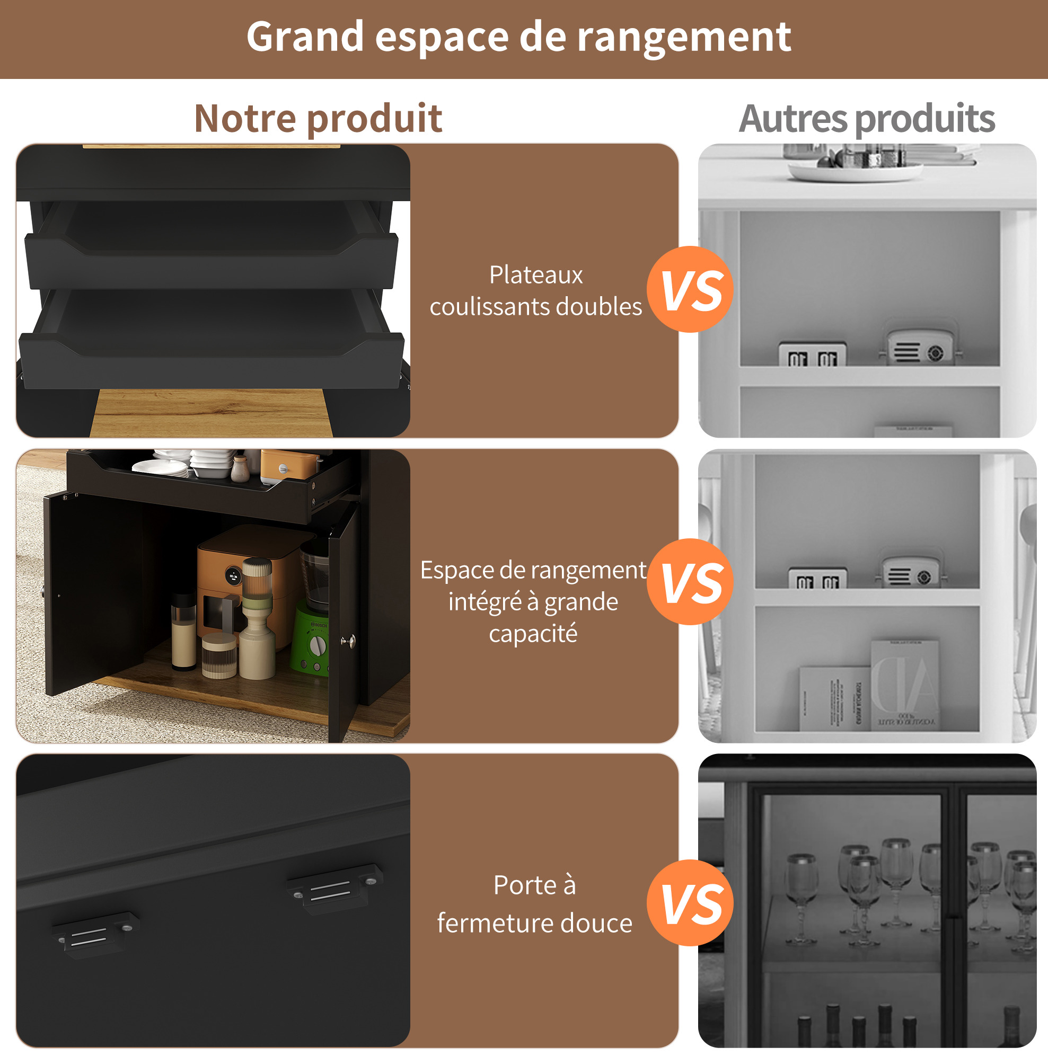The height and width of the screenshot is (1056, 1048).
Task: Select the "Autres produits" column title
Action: click(x=867, y=119)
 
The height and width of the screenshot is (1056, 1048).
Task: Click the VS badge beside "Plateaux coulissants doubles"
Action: click(x=690, y=289)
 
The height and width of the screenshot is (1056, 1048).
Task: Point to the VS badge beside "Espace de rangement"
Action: click(x=690, y=582)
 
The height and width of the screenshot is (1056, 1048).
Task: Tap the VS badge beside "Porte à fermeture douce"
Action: click(x=690, y=903)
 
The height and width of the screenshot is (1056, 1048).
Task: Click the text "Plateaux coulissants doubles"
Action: click(x=535, y=291)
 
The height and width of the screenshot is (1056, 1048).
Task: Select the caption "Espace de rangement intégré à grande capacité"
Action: click(x=533, y=602)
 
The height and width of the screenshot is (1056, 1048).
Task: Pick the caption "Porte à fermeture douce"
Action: click(x=534, y=904)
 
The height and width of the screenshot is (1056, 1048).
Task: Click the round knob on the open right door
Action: click(x=348, y=641)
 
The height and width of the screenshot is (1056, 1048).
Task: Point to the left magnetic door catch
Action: click(x=95, y=934)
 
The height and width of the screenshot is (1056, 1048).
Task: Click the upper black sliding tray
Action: click(x=211, y=246)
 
